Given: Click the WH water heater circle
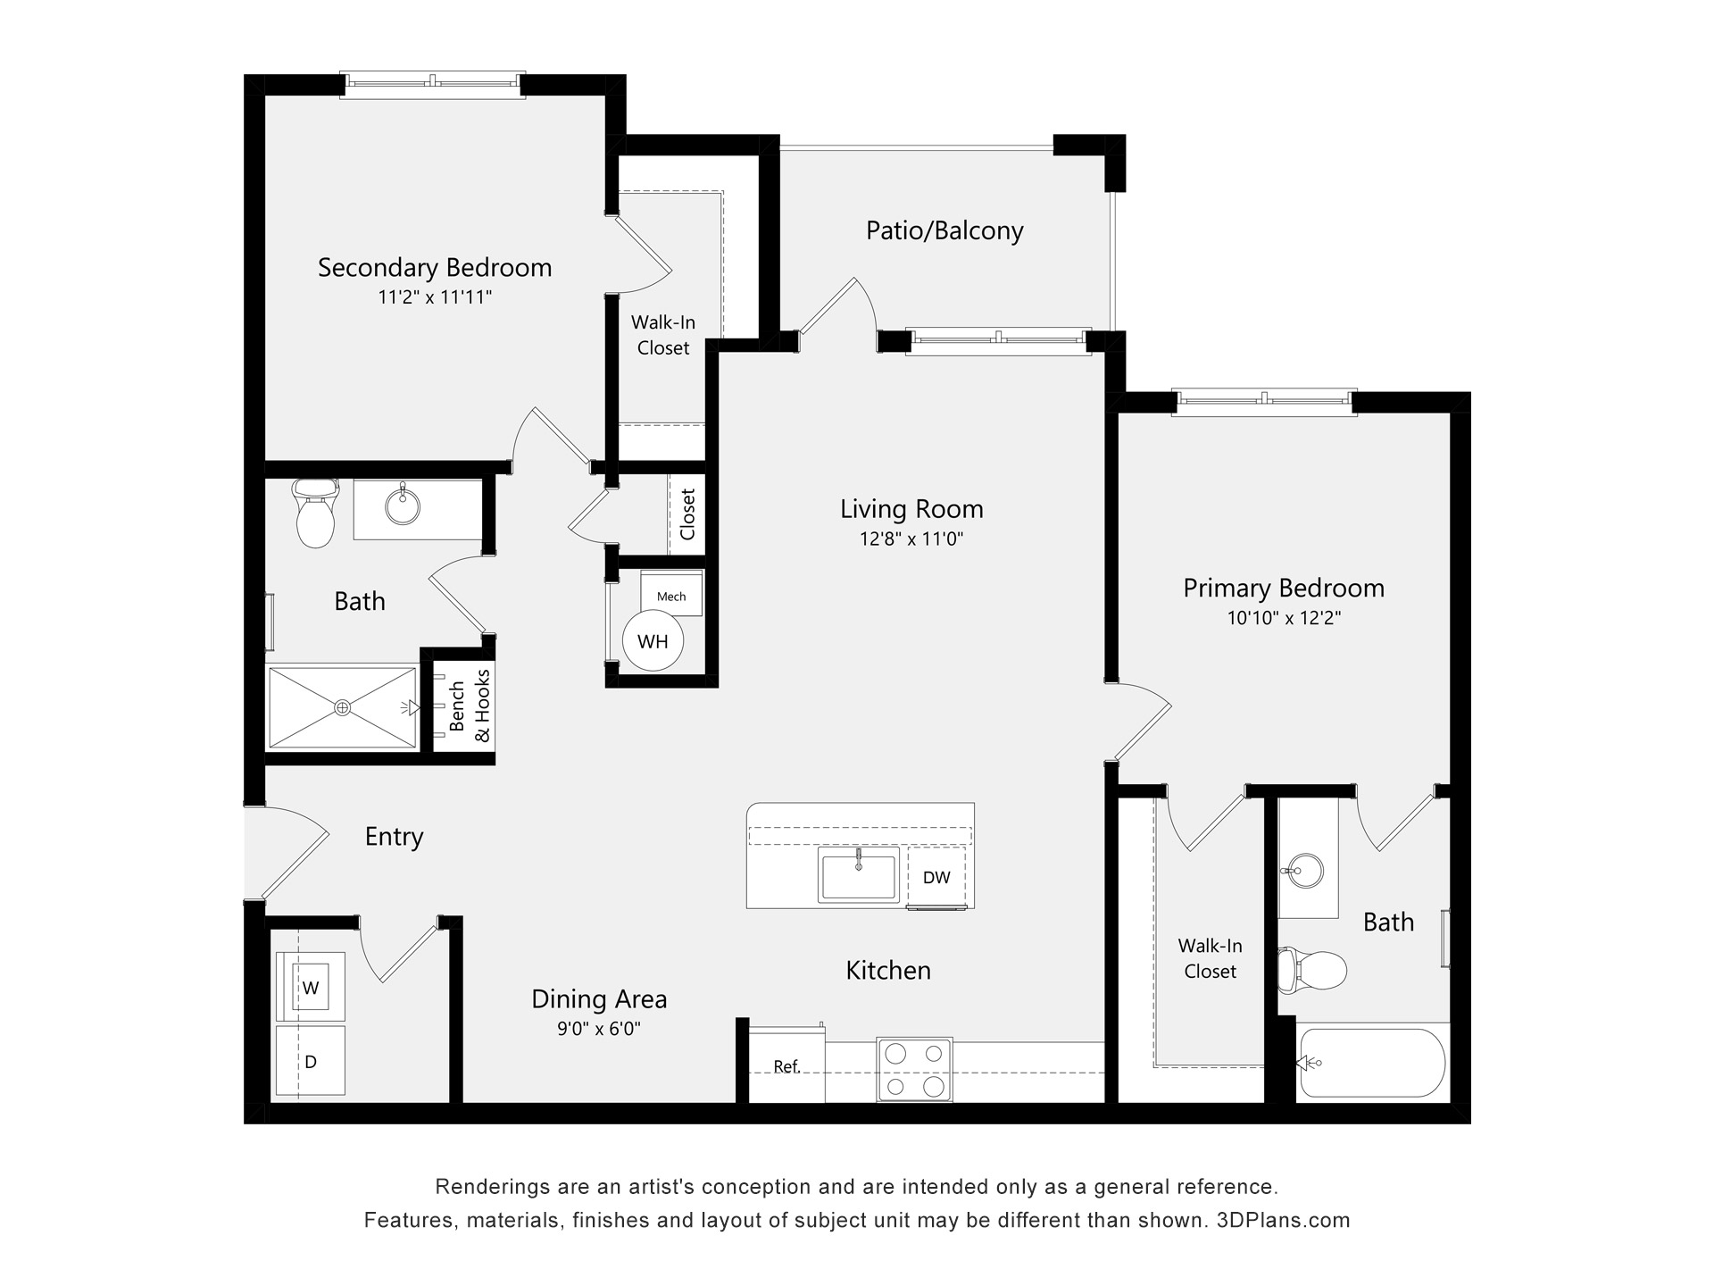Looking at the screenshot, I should [x=653, y=641].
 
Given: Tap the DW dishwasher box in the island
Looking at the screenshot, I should [x=936, y=877].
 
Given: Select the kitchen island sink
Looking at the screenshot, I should [x=859, y=876].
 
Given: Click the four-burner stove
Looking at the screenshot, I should [x=914, y=1069].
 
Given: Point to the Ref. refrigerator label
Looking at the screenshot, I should [x=786, y=1066].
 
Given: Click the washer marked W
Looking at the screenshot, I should [x=311, y=988].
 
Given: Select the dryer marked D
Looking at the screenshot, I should [x=311, y=1062].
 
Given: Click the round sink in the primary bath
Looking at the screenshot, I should [x=1306, y=871].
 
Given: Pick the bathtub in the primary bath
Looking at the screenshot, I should [x=1371, y=1063].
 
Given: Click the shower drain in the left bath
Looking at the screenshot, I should [x=343, y=707].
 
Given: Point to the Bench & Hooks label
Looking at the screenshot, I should [x=470, y=706].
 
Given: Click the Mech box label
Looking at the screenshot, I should [x=671, y=597].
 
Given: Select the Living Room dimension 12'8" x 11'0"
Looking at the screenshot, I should [x=911, y=539].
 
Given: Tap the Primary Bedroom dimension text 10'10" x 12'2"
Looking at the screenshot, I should [x=1284, y=618].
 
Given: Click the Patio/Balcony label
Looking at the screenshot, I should [x=944, y=230].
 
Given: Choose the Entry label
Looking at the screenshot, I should [x=394, y=837].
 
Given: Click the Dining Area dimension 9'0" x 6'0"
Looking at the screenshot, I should [x=599, y=1029].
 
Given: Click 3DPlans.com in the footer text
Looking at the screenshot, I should [x=1283, y=1220].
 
